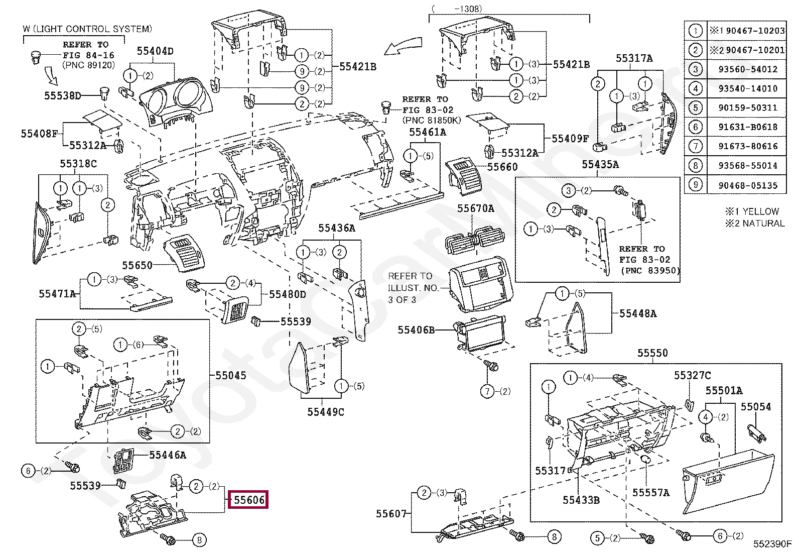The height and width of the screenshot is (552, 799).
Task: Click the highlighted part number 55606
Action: pos(248,500)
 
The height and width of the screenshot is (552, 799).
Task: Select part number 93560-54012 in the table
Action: pos(748,69)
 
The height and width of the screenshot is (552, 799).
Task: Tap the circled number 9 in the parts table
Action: pos(695,185)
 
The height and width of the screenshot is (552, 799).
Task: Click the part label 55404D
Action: pos(155,51)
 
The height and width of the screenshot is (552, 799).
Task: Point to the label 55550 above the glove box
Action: pos(652,353)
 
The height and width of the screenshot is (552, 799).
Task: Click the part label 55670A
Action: pos(475,208)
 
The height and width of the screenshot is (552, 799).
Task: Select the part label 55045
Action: pos(231,375)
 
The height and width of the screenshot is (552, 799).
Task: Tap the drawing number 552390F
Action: pos(772,544)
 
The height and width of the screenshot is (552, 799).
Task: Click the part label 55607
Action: pos(391,514)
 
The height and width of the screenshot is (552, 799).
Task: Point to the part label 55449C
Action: pos(326,412)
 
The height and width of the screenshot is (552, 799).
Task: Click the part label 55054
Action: pos(756,407)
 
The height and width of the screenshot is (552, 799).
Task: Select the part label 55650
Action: pos(138,265)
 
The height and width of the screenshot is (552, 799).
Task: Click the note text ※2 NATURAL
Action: pos(755,224)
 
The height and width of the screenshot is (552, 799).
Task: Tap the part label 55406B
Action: pos(416,330)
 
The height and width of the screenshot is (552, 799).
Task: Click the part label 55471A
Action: pos(57,294)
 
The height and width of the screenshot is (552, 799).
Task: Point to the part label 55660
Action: pos(502,167)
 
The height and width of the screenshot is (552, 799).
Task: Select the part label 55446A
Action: pos(168,455)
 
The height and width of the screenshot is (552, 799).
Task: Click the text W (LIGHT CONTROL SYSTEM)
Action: pos(87,29)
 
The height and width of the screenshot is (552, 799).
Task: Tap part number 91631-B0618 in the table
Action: pos(748,127)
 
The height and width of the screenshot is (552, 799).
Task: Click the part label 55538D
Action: pos(63,96)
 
